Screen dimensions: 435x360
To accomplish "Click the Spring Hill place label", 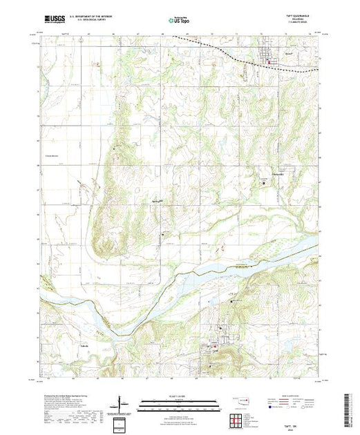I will coord(157,202).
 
